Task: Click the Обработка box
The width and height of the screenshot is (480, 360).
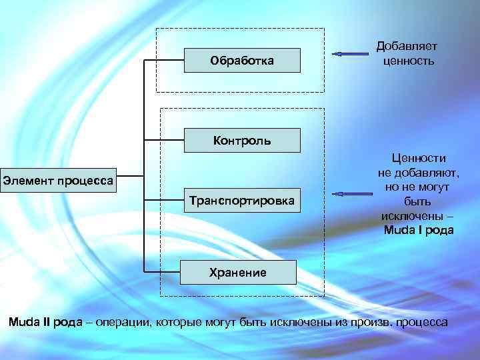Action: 241,61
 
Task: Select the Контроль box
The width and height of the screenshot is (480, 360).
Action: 241,141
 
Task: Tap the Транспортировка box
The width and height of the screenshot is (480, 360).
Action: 241,199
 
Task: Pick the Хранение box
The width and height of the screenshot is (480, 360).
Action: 238,272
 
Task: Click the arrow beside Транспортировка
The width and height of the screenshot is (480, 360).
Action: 353,193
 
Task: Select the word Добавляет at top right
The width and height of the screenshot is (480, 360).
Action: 406,46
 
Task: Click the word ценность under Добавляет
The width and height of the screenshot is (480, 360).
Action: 408,61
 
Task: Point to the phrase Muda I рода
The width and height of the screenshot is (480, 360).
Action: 418,231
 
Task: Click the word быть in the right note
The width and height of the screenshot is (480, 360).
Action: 418,201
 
